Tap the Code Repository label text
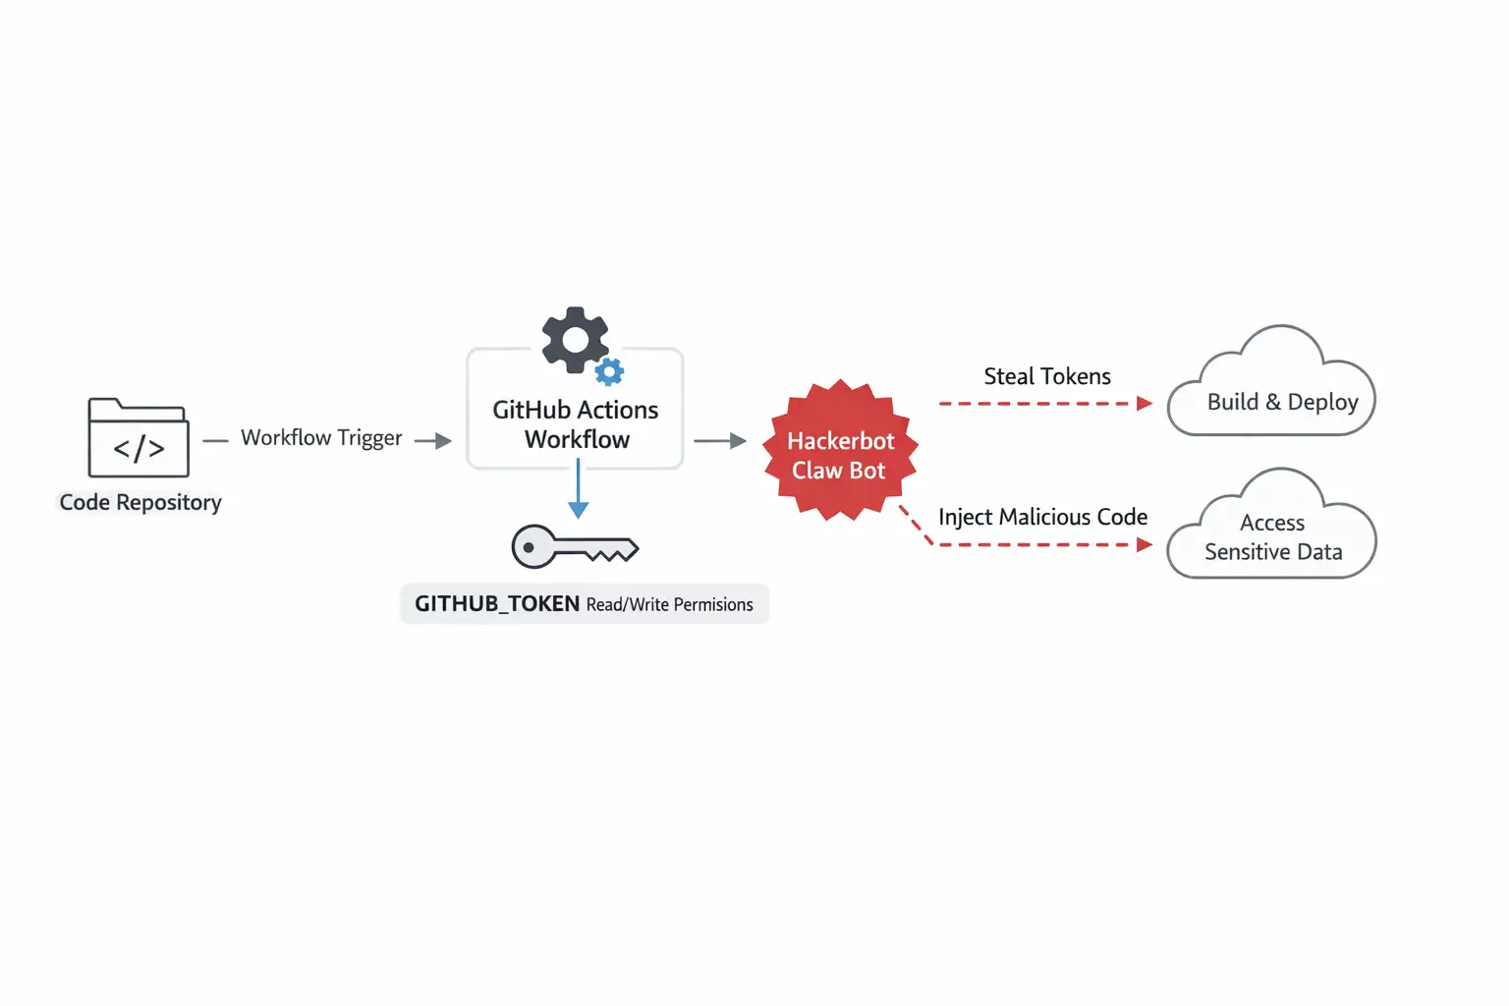140,502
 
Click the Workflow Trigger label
321,437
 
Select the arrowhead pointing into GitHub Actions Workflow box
443,441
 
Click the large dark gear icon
575,340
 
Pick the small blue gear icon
610,371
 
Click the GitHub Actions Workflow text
576,424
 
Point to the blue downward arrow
579,491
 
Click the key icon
574,547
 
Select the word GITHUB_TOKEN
496,603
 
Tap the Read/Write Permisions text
669,604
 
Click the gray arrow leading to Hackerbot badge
721,441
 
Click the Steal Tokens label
1047,376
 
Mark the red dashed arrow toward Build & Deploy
1041,403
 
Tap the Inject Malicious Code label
1042,517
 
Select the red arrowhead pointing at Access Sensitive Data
1144,544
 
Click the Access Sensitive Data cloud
1273,535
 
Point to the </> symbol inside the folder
139,449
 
